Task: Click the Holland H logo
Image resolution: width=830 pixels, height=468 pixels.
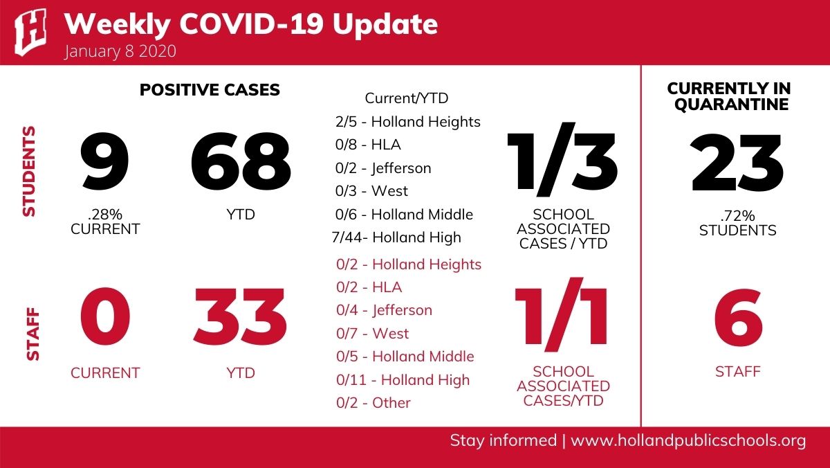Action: (x=30, y=32)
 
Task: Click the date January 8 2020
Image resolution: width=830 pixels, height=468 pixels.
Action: (x=120, y=51)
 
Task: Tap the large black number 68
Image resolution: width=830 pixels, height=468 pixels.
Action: (x=241, y=162)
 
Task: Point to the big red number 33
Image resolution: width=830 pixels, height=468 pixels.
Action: (x=240, y=318)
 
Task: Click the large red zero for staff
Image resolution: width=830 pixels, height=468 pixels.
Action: (x=105, y=316)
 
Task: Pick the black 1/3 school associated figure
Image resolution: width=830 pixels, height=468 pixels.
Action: (x=562, y=159)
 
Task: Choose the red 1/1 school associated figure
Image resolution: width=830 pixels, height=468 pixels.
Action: (x=561, y=314)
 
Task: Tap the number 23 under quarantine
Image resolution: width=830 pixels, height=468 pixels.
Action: (x=737, y=163)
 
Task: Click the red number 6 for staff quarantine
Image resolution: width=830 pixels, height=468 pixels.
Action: (x=739, y=318)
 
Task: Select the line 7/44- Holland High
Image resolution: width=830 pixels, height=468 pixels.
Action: (x=396, y=237)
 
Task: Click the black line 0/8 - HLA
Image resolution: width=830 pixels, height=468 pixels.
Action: (x=368, y=145)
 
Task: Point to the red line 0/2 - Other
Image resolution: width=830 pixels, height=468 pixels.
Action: (x=373, y=403)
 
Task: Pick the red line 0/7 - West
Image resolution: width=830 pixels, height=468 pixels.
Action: (x=372, y=334)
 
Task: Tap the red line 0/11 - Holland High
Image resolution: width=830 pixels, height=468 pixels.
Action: (x=403, y=380)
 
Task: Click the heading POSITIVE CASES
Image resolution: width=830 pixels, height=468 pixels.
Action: (x=210, y=90)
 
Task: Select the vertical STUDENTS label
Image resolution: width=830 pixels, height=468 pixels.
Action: (x=29, y=171)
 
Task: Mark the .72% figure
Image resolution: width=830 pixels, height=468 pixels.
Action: (x=738, y=216)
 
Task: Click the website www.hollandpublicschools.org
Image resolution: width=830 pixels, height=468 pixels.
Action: (x=688, y=441)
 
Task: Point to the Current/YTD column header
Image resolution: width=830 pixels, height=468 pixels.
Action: (x=407, y=98)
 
